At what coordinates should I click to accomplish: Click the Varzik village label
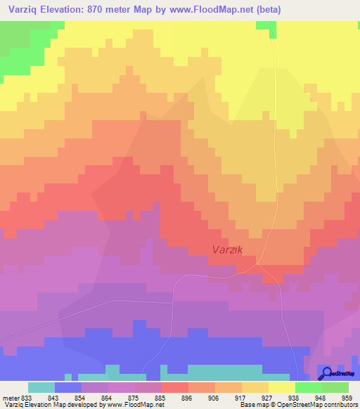click(x=228, y=249)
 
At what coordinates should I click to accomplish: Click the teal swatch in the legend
click(x=41, y=387)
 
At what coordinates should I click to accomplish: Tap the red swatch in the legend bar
click(x=175, y=387)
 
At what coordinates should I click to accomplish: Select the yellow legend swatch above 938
click(x=282, y=387)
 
